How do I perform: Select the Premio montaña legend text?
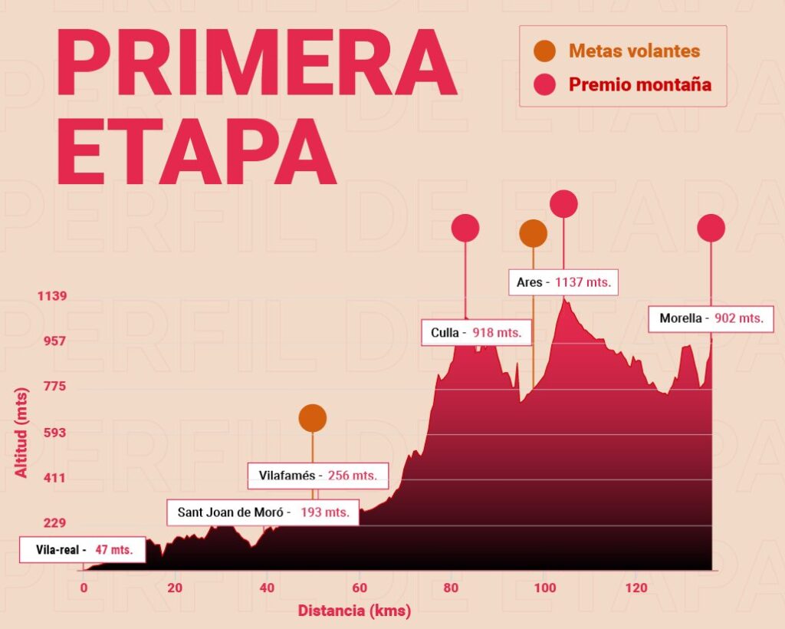(x=639, y=84)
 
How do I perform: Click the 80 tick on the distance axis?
(x=451, y=588)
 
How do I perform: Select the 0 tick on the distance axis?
(x=84, y=588)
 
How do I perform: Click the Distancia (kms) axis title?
(x=354, y=611)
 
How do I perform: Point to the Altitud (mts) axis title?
(x=21, y=433)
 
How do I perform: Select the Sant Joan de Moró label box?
(x=263, y=512)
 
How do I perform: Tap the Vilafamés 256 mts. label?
(x=317, y=476)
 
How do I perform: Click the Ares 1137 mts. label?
(x=563, y=282)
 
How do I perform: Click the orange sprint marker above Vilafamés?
(x=313, y=418)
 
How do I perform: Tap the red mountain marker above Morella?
(x=711, y=228)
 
